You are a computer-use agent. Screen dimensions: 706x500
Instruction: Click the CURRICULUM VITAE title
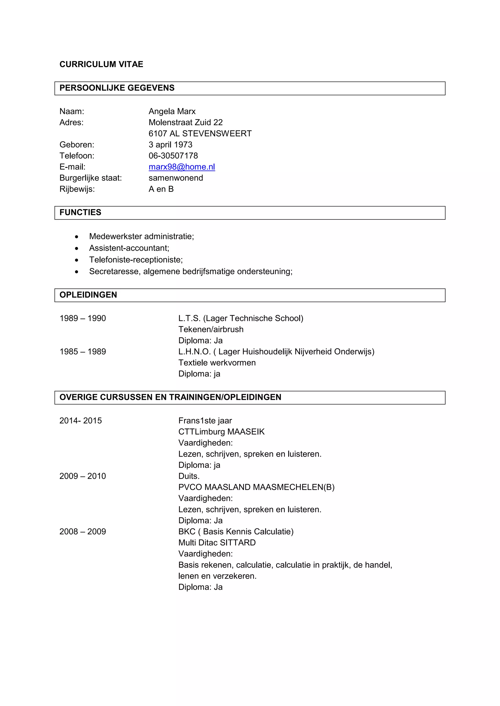(x=101, y=64)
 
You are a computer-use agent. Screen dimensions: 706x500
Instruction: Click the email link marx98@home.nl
(x=182, y=167)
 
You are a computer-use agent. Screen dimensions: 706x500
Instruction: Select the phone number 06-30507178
(x=173, y=156)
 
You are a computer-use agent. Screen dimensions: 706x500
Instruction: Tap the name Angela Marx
(x=172, y=111)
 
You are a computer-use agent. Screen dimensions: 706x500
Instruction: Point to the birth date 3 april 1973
(x=170, y=145)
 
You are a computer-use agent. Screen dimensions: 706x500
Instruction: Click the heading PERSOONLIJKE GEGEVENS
(x=117, y=88)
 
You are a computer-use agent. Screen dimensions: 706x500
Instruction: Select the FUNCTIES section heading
(x=80, y=213)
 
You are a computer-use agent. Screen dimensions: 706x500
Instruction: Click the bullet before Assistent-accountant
(x=77, y=248)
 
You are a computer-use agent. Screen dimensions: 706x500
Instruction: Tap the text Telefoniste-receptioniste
(x=135, y=260)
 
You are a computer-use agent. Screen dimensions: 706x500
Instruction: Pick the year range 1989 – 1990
(x=83, y=318)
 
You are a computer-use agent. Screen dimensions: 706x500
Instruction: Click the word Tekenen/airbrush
(x=211, y=329)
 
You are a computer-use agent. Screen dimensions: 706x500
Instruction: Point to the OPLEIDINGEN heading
(x=88, y=295)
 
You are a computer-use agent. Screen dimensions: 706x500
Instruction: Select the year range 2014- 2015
(x=80, y=421)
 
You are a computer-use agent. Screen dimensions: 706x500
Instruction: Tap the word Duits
(x=189, y=476)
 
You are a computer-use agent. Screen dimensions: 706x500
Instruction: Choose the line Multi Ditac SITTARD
(x=217, y=543)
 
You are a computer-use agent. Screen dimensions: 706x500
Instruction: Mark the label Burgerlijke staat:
(x=91, y=178)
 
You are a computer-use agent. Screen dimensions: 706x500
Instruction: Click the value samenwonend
(x=176, y=178)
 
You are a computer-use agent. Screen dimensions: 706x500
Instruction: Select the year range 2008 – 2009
(x=83, y=532)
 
